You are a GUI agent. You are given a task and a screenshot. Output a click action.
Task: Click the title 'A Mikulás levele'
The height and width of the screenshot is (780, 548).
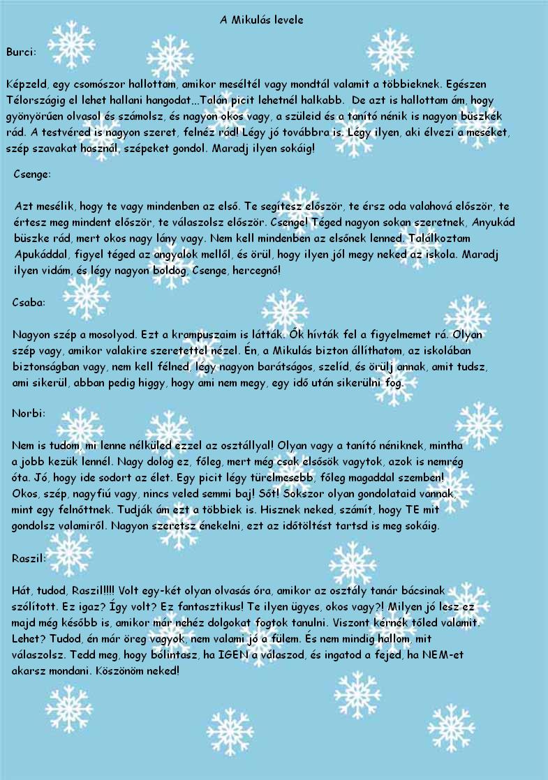[x=261, y=20]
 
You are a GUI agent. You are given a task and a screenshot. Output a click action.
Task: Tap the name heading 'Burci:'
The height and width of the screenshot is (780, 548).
[x=21, y=52]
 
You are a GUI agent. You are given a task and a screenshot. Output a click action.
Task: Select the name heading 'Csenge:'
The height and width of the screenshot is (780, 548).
[x=32, y=174]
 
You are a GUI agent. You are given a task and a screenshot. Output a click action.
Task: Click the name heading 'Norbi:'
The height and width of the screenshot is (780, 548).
[x=29, y=413]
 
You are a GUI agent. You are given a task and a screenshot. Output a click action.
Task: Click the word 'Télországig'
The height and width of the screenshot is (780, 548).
[x=34, y=99]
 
